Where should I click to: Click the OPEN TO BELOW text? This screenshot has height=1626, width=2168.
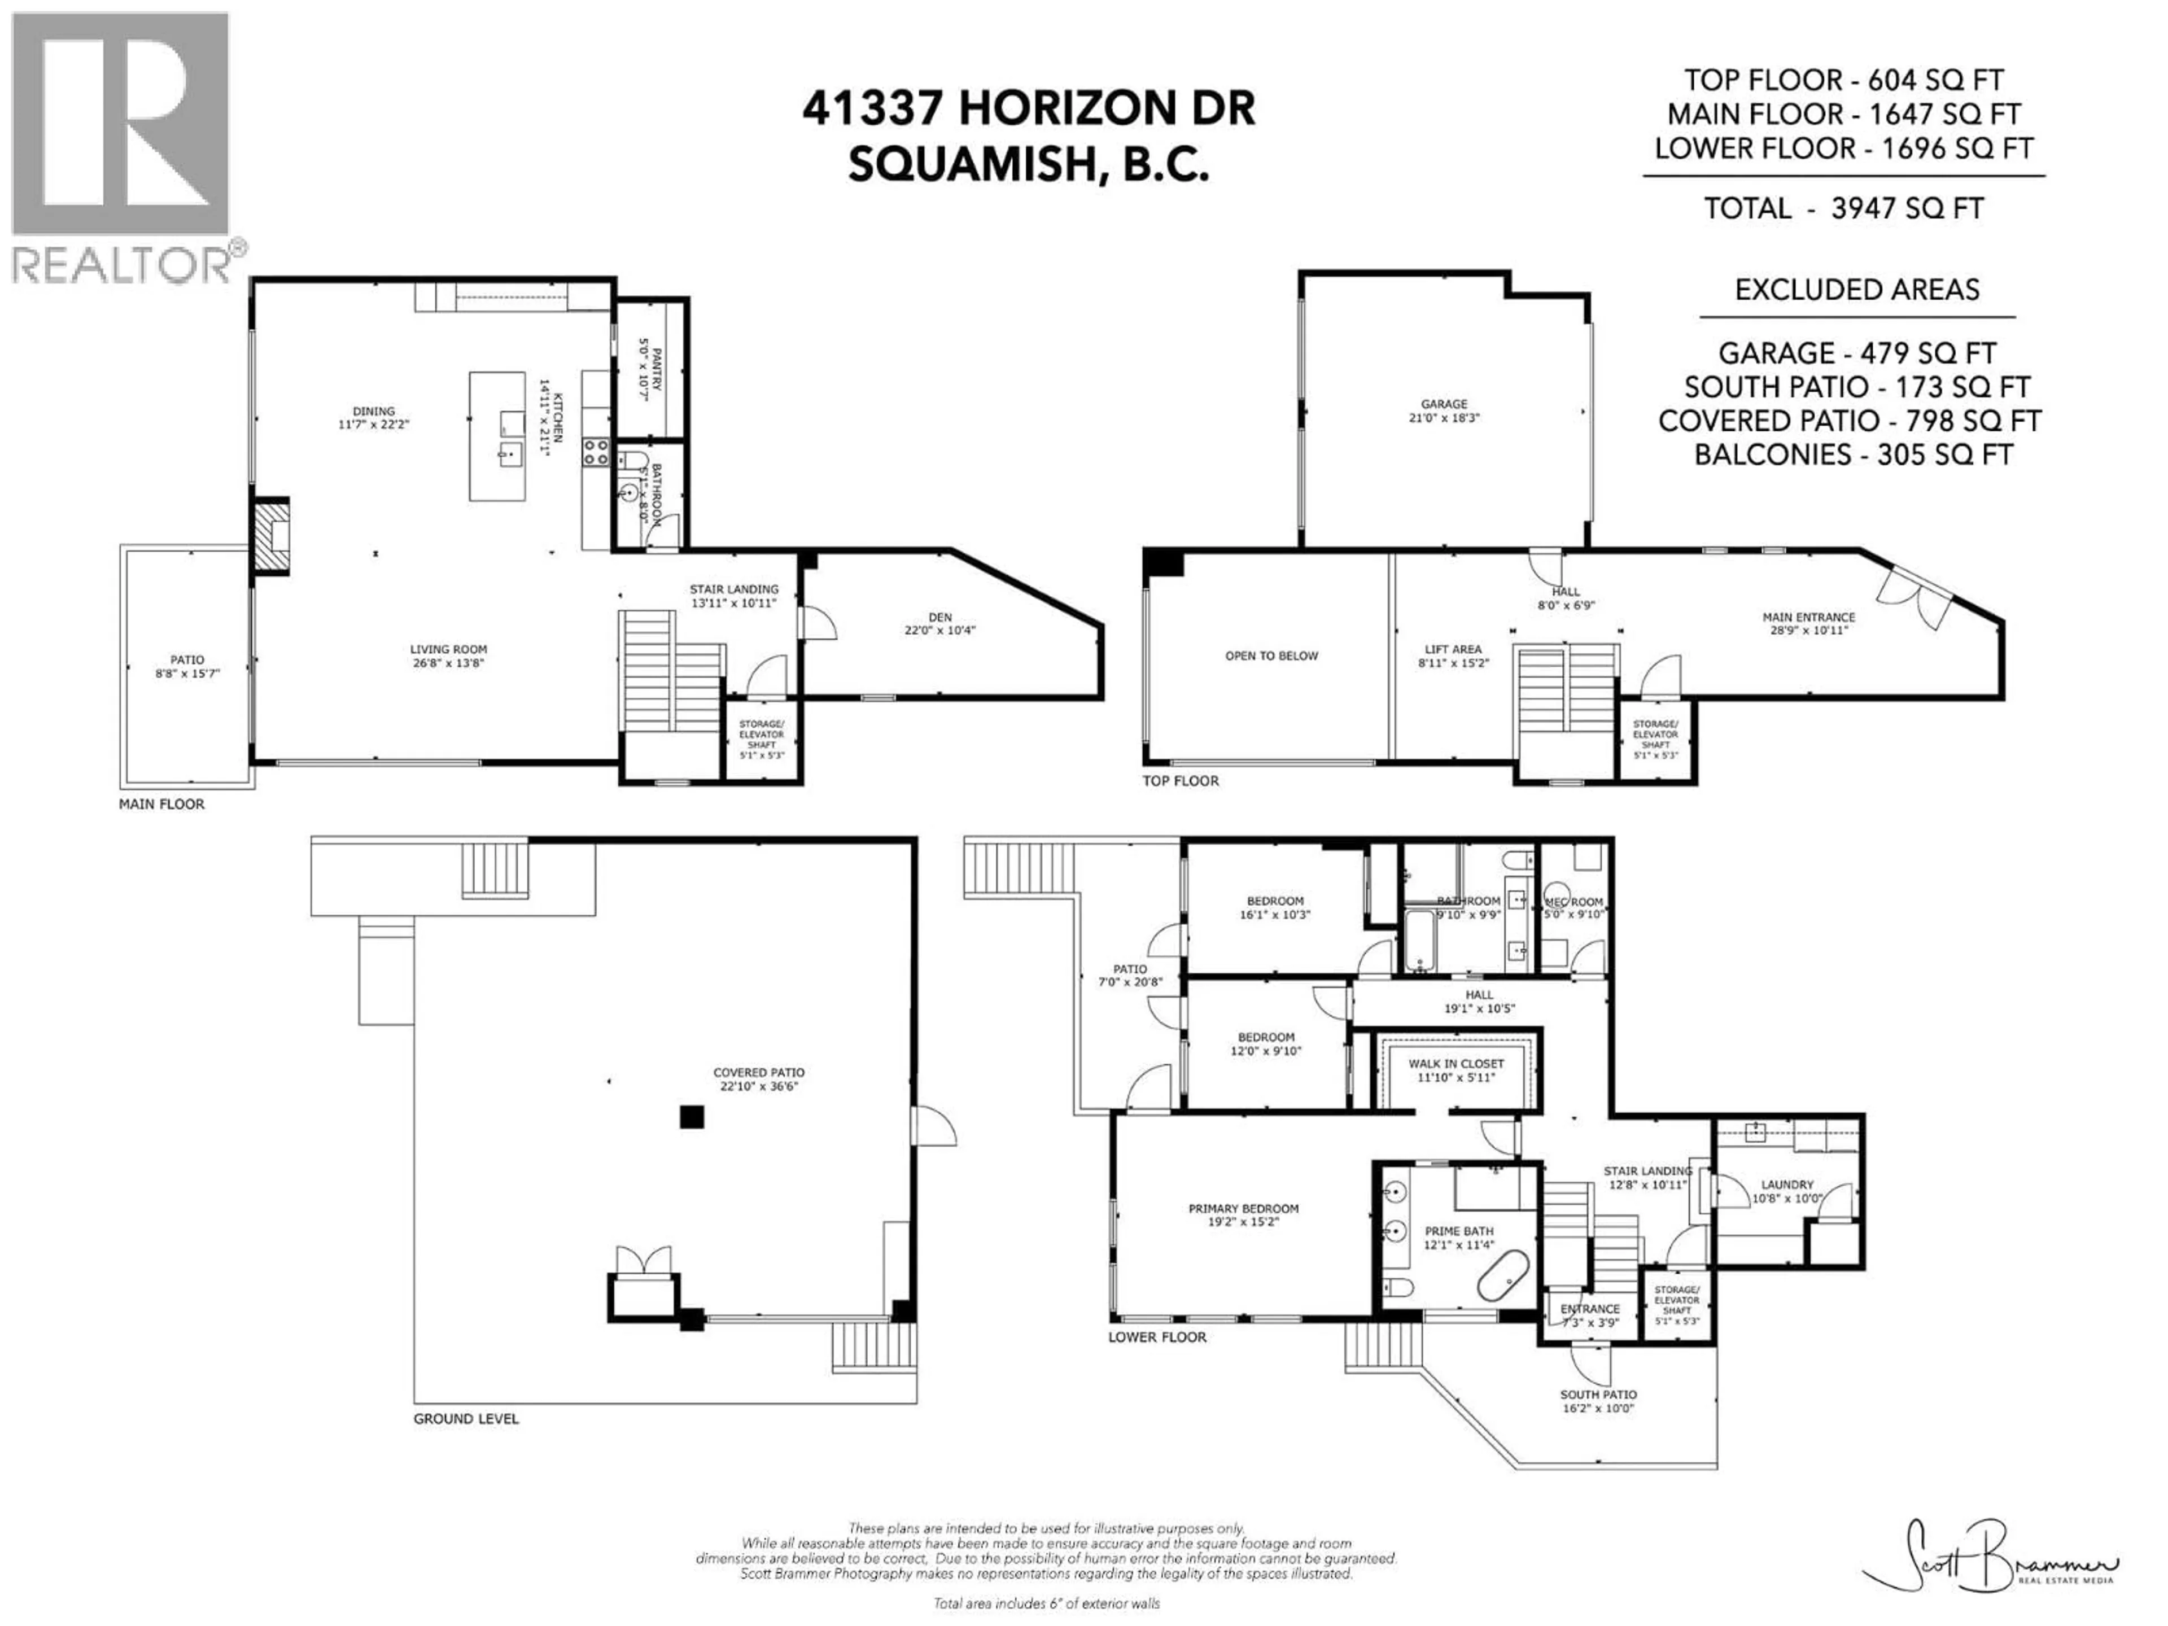[1271, 655]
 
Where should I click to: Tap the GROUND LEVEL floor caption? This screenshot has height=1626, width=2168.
[466, 1418]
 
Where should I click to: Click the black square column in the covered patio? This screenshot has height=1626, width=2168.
[692, 1116]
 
